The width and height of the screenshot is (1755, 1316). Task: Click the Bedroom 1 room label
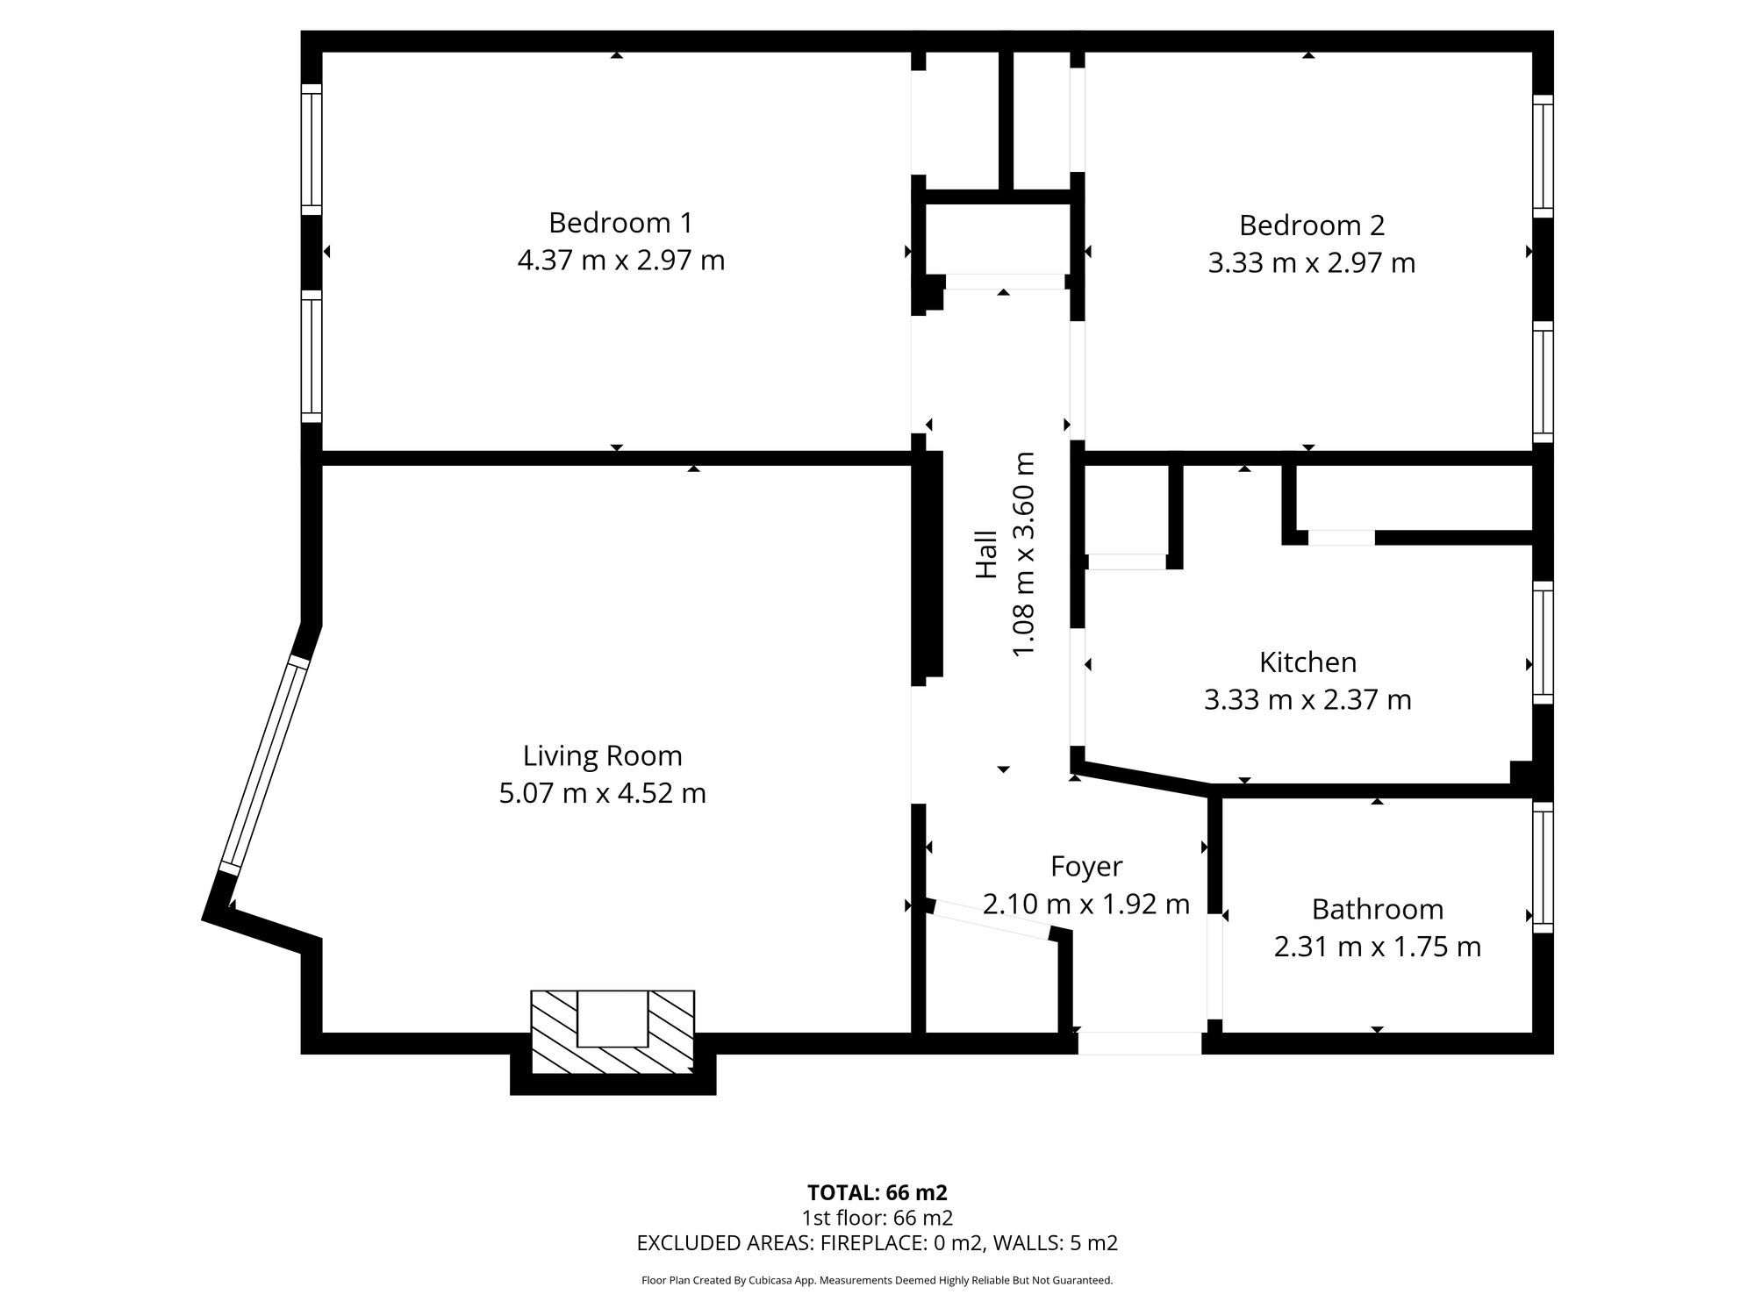pyautogui.click(x=620, y=223)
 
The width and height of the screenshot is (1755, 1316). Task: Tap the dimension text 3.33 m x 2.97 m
pyautogui.click(x=1311, y=263)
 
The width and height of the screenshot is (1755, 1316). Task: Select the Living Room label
pyautogui.click(x=602, y=755)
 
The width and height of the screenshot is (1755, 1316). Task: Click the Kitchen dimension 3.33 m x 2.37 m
pyautogui.click(x=1307, y=700)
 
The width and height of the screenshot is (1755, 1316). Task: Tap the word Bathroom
pyautogui.click(x=1377, y=909)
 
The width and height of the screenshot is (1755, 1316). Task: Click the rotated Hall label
pyautogui.click(x=987, y=554)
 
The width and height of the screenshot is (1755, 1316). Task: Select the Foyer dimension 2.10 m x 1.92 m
pyautogui.click(x=1085, y=904)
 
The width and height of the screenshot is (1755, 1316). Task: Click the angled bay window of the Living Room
pyautogui.click(x=263, y=764)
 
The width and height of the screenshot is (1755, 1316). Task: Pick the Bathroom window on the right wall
pyautogui.click(x=1543, y=867)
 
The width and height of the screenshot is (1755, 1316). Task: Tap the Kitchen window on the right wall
pyautogui.click(x=1543, y=642)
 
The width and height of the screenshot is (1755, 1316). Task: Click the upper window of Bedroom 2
pyautogui.click(x=1543, y=156)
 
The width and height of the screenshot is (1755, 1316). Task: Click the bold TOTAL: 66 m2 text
pyautogui.click(x=877, y=1193)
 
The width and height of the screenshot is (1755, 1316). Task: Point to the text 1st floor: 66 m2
pyautogui.click(x=877, y=1218)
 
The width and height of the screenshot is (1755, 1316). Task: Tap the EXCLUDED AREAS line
pyautogui.click(x=877, y=1243)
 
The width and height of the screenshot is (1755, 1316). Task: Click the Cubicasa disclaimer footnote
pyautogui.click(x=877, y=1281)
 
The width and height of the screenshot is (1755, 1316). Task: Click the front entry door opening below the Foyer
pyautogui.click(x=1139, y=1043)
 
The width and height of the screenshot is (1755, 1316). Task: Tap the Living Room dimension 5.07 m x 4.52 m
pyautogui.click(x=602, y=793)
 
